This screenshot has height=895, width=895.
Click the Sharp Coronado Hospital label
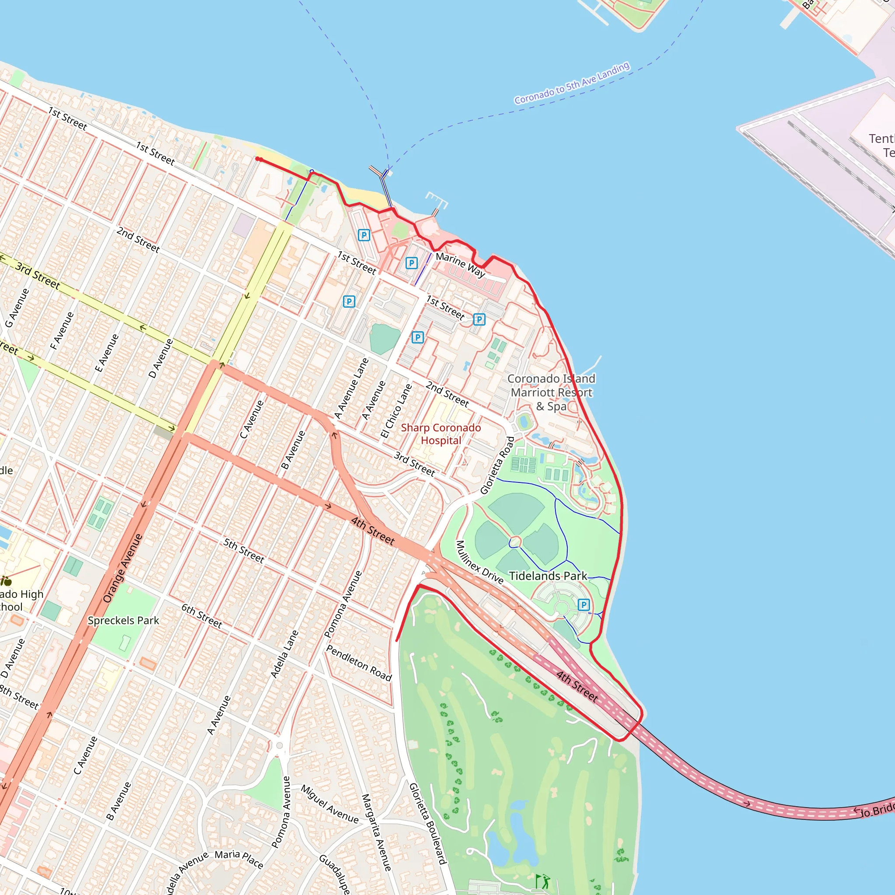click(441, 434)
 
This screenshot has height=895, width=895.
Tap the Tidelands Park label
click(548, 576)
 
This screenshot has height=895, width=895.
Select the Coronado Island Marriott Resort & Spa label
click(551, 392)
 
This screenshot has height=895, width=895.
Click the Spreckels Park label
click(123, 621)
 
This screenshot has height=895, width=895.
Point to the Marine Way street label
click(461, 264)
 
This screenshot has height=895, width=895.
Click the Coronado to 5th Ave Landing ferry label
click(572, 83)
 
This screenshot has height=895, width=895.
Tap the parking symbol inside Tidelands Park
click(584, 604)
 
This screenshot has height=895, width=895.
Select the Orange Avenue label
click(122, 569)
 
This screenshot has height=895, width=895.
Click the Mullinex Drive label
click(479, 562)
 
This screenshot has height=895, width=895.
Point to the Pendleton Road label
click(359, 663)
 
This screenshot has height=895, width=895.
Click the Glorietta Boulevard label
click(427, 824)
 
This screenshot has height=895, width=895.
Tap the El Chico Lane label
click(396, 411)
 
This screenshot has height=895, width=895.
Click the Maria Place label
click(239, 858)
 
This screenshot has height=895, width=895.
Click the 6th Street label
click(202, 616)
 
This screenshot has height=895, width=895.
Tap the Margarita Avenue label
click(376, 832)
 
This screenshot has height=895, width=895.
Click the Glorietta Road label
click(497, 465)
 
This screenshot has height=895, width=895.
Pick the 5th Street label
click(244, 551)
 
